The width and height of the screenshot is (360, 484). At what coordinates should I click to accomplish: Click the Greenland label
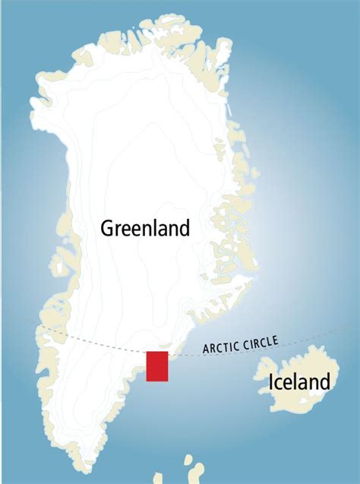tap(144, 228)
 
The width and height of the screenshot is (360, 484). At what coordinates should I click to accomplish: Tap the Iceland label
tap(300, 381)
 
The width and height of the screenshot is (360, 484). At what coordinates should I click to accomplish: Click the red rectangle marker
tap(157, 366)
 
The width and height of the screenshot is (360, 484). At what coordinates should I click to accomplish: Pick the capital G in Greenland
tap(108, 228)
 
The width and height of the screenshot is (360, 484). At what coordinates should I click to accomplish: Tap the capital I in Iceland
tap(272, 381)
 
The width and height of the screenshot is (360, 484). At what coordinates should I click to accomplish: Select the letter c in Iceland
tap(279, 383)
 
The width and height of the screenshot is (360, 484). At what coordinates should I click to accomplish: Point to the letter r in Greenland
tap(120, 229)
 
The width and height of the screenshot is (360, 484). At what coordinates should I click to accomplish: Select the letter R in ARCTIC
tap(211, 349)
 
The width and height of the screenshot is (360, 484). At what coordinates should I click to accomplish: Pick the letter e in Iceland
tap(288, 383)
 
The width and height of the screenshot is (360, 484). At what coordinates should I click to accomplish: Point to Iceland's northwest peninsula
tap(265, 361)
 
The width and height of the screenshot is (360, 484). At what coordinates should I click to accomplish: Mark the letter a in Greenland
tap(159, 229)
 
